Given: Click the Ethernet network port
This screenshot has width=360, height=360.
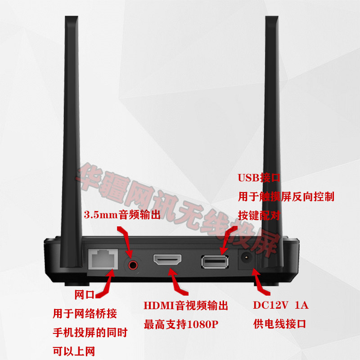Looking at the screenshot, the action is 103,260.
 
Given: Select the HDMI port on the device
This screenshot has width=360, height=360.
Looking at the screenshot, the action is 167,260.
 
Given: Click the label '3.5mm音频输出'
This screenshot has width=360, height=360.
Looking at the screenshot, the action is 122,215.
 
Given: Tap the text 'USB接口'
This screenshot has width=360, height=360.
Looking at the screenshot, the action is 259,178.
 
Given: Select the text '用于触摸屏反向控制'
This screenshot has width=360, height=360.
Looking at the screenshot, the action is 286,197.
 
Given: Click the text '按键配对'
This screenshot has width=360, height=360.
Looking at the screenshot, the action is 259,215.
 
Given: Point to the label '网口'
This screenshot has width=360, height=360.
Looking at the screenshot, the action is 85,295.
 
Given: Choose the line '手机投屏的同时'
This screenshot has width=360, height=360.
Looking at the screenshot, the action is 90,333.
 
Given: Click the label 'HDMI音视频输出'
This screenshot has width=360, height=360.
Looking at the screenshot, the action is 186,306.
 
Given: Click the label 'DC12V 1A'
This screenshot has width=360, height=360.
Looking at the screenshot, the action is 280,306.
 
